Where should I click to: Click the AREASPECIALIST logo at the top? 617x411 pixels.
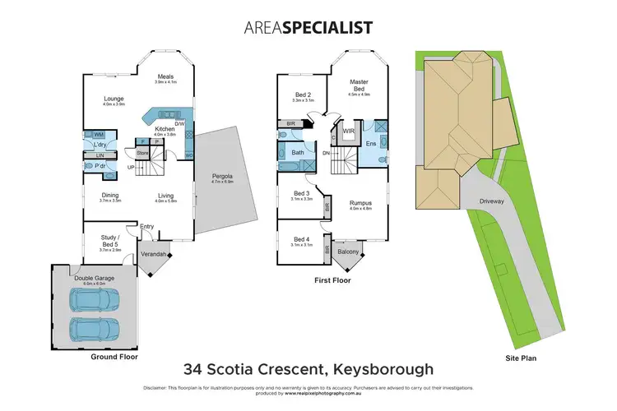click(308, 27)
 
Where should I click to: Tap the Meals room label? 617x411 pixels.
click(166, 78)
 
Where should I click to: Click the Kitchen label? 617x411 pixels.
click(165, 129)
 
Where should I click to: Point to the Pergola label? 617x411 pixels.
click(223, 175)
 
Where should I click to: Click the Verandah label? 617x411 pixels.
click(155, 254)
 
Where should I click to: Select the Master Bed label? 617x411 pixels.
click(358, 85)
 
